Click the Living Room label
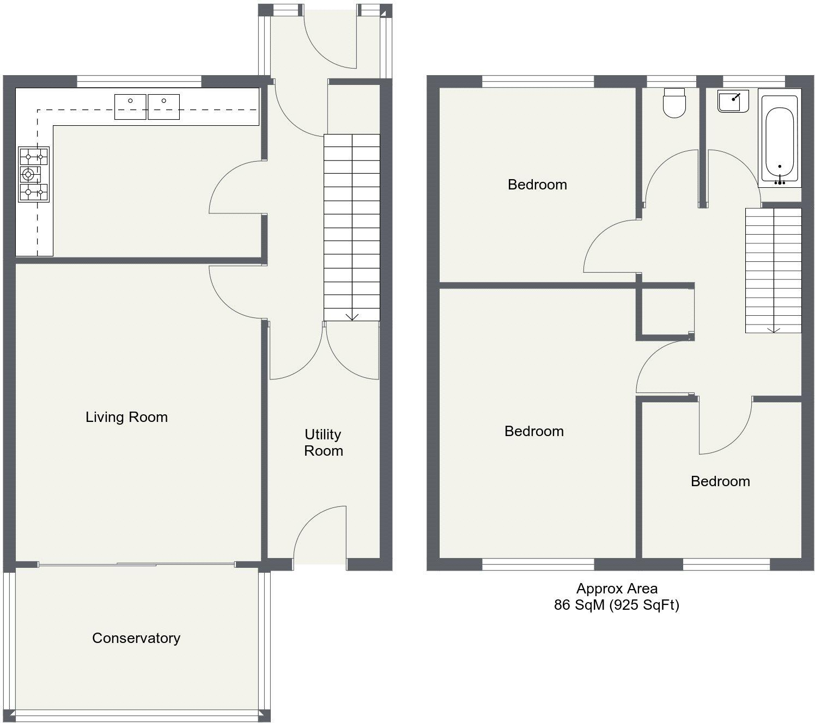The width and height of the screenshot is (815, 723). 126,417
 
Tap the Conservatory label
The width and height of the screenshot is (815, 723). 136,638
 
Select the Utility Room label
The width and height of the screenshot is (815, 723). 324,442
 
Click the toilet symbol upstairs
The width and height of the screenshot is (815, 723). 674,103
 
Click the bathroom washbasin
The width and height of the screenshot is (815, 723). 733,101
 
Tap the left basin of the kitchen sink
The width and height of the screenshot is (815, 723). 130,107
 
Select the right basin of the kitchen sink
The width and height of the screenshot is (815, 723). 164,107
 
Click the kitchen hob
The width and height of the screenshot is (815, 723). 34,174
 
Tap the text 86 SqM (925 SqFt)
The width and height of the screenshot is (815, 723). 616,604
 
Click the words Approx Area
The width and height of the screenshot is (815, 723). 617,589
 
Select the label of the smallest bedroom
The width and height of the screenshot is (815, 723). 720,481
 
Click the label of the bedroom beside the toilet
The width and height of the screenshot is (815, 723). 537,184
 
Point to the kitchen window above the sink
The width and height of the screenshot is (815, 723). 139,81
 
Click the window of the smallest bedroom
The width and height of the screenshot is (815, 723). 726,564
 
